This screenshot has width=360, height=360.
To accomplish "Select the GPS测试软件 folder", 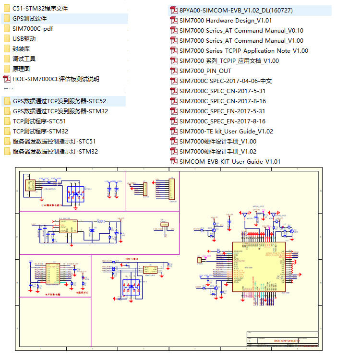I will [x=30, y=19].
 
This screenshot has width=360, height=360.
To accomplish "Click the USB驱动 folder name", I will [x=24, y=39].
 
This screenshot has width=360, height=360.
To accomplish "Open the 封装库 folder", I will [x=21, y=49].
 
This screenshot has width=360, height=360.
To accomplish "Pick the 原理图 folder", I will [x=21, y=69].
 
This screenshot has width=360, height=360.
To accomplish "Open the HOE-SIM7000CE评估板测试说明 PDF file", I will [x=56, y=79].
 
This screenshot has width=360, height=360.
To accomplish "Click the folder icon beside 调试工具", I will [x=7, y=59].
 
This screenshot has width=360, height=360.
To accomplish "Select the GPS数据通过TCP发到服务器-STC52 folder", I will [x=59, y=101].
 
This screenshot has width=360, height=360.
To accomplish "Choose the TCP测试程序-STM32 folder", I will [x=40, y=132].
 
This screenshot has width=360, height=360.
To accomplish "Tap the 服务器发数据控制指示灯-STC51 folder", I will [x=54, y=142].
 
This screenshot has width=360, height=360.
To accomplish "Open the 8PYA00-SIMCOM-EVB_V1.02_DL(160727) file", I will [x=236, y=11].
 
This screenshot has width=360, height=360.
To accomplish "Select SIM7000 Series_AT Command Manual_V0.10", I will [x=241, y=31].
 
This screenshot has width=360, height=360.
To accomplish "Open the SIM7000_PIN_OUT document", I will [x=205, y=71].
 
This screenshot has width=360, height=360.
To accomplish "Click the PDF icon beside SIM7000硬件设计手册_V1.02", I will [x=174, y=152].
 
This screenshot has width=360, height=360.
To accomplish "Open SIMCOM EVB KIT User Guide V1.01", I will [x=230, y=162].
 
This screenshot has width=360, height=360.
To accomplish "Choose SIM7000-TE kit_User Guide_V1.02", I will [x=227, y=132].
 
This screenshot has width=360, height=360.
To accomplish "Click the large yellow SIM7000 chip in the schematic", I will [x=258, y=266].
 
